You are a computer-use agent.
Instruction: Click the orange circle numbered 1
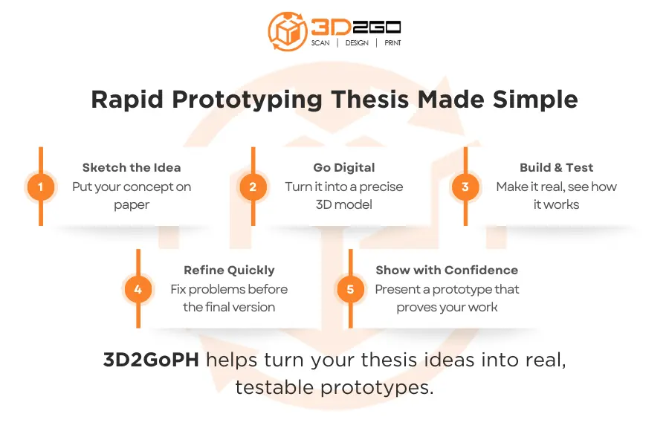click(x=41, y=187)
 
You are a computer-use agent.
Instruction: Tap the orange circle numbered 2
click(x=253, y=187)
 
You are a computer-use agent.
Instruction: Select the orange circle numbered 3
click(x=465, y=187)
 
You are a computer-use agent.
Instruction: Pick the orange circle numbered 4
click(x=138, y=289)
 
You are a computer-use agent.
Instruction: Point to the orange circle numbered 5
click(x=350, y=289)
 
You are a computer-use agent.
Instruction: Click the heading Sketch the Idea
click(x=132, y=167)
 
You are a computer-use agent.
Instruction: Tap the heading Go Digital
click(x=344, y=168)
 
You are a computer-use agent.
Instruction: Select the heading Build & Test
click(x=556, y=167)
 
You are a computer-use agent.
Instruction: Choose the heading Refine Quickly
click(x=229, y=270)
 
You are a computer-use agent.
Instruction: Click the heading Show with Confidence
click(x=447, y=270)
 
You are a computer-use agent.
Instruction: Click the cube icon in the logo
click(x=287, y=31)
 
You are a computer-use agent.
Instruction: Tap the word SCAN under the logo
click(x=320, y=42)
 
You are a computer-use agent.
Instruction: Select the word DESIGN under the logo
click(x=357, y=42)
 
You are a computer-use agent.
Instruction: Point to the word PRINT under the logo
click(x=392, y=42)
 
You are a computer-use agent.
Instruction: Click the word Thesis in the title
click(x=370, y=100)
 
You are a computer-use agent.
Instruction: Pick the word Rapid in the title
click(x=127, y=100)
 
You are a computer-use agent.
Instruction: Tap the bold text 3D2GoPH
click(x=151, y=360)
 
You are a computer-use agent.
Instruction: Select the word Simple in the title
click(x=535, y=100)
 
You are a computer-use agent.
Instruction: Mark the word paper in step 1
click(x=132, y=205)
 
